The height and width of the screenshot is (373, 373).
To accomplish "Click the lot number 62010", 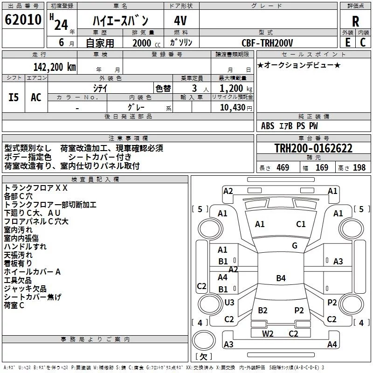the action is click(23, 20).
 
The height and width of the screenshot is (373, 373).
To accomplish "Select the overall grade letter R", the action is click(355, 21).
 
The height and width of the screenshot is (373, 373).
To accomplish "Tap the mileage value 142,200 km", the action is click(55, 67).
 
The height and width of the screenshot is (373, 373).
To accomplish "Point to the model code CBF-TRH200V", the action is click(267, 43).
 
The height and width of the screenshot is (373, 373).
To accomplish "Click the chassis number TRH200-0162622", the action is click(313, 148).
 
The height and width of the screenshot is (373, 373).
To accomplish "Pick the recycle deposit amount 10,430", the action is click(232, 107).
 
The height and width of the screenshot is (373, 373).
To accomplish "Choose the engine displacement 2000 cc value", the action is click(146, 43).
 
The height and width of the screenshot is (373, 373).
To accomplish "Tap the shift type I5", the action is click(14, 97).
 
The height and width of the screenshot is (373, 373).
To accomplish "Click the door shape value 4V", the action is click(180, 21).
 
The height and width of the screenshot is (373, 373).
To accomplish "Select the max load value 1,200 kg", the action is click(236, 88).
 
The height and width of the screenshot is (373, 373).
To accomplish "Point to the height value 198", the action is click(359, 167).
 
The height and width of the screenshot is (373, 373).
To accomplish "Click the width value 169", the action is click(322, 167).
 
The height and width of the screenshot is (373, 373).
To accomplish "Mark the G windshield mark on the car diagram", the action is click(295, 246).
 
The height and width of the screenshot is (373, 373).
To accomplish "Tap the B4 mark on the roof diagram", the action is click(281, 278).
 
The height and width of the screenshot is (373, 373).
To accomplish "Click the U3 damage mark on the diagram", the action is click(229, 302).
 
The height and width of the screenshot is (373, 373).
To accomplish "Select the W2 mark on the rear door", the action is click(268, 333).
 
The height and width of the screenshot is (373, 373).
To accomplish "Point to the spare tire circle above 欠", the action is click(204, 341).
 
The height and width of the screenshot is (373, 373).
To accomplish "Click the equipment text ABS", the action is click(268, 126).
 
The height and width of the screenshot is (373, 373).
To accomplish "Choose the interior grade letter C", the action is click(363, 42).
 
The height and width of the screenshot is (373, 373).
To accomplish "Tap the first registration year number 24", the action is click(61, 25).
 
